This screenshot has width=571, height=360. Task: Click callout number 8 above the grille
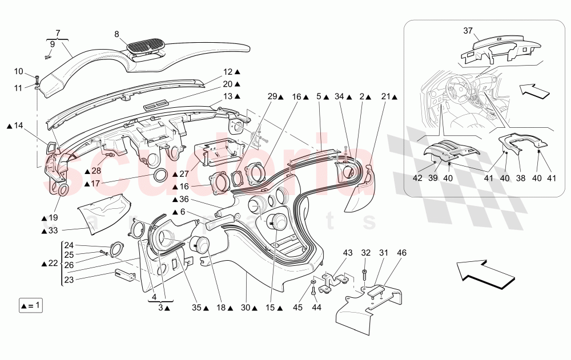(x=116, y=34)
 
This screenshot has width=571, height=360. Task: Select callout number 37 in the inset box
(x=468, y=30)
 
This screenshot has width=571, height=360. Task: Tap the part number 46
(x=402, y=252)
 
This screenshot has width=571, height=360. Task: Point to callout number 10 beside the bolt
(x=19, y=71)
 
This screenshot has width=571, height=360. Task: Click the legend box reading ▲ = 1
(x=30, y=305)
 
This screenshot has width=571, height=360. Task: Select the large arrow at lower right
(x=486, y=273)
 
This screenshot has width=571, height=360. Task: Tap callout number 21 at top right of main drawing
(x=385, y=96)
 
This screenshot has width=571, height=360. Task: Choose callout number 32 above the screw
(x=366, y=252)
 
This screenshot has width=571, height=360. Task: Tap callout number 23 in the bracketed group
(x=69, y=280)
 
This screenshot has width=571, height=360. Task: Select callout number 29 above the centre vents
(x=272, y=96)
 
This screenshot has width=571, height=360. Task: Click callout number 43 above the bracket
(x=347, y=252)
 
